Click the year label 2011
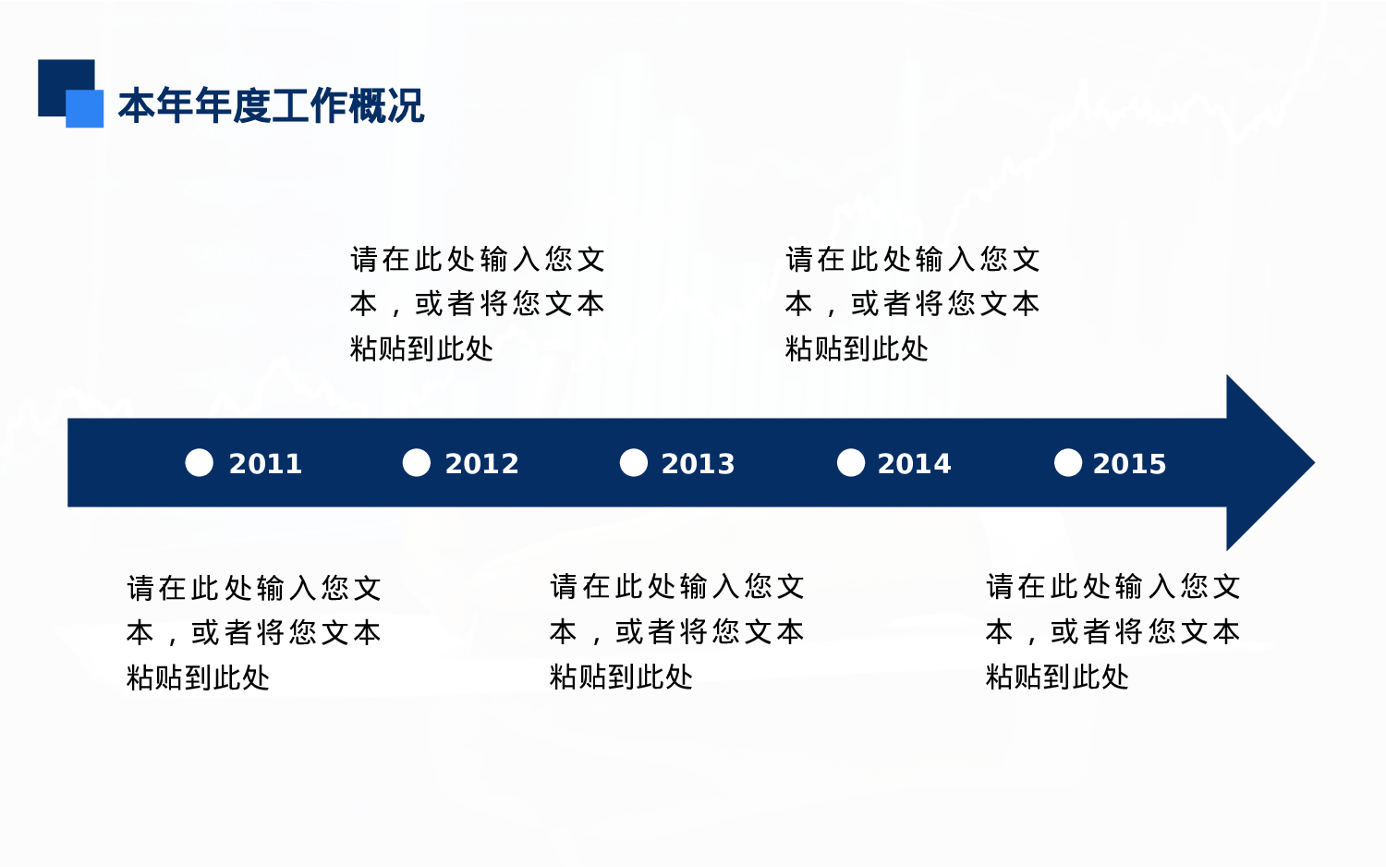pyautogui.click(x=265, y=463)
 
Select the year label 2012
pyautogui.click(x=482, y=463)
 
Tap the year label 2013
pyautogui.click(x=698, y=463)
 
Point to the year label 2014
pyautogui.click(x=915, y=463)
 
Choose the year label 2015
pyautogui.click(x=1130, y=463)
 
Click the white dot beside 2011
pyautogui.click(x=200, y=463)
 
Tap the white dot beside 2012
pyautogui.click(x=417, y=463)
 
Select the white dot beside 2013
pyautogui.click(x=634, y=463)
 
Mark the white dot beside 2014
pyautogui.click(x=851, y=463)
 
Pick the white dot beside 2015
pyautogui.click(x=1068, y=463)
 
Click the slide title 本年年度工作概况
pyautogui.click(x=271, y=105)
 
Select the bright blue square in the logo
pyautogui.click(x=85, y=109)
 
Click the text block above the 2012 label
pyautogui.click(x=477, y=303)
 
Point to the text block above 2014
pyautogui.click(x=913, y=303)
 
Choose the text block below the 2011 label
pyautogui.click(x=254, y=632)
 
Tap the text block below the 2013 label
pyautogui.click(x=677, y=631)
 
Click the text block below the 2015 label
pyautogui.click(x=1113, y=631)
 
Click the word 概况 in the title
pyautogui.click(x=386, y=105)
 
